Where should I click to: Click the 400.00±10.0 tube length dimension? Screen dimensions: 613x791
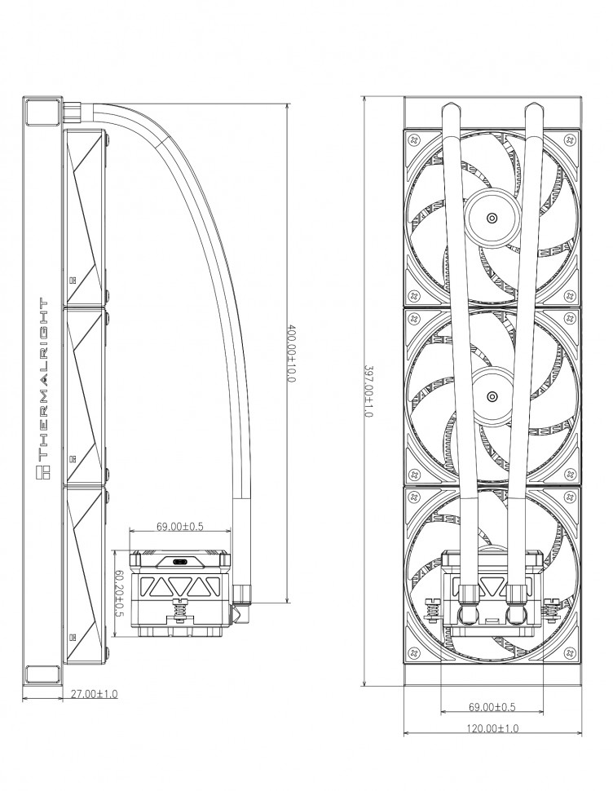click(x=290, y=353)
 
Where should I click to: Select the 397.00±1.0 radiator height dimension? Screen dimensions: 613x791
click(x=368, y=391)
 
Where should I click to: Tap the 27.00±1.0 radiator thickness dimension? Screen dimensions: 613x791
click(x=94, y=694)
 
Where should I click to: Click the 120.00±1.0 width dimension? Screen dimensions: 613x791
click(x=492, y=728)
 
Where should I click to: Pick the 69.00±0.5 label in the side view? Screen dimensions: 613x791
click(x=180, y=527)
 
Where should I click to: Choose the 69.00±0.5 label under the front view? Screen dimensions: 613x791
click(x=492, y=707)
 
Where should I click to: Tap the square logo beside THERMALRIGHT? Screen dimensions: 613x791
click(x=44, y=473)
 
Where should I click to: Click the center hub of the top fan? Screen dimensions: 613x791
click(x=492, y=218)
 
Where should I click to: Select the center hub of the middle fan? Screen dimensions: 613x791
click(x=492, y=396)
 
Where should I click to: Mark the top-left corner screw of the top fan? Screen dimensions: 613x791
click(x=414, y=139)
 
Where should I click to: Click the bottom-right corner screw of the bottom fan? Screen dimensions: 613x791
click(x=571, y=652)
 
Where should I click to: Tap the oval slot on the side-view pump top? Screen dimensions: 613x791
click(x=179, y=562)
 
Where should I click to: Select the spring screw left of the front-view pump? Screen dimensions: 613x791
click(x=430, y=609)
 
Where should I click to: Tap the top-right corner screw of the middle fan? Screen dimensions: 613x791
click(x=571, y=318)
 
